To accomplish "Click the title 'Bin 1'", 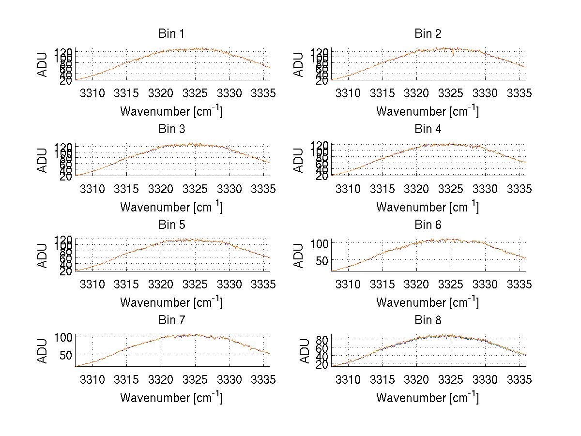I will [x=171, y=33].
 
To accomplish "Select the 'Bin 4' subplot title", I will [x=428, y=129].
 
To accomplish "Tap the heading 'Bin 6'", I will [x=428, y=225].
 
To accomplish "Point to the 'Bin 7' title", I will [x=171, y=320].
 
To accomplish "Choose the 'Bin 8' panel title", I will [x=428, y=320].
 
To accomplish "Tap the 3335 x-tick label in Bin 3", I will [x=264, y=189].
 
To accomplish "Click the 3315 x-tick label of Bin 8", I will [x=382, y=380].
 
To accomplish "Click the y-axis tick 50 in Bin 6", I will [x=321, y=260].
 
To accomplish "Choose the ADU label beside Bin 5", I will [x=43, y=256].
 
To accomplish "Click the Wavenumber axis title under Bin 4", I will [x=428, y=207].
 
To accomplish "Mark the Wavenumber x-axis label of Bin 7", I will [x=171, y=398].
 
